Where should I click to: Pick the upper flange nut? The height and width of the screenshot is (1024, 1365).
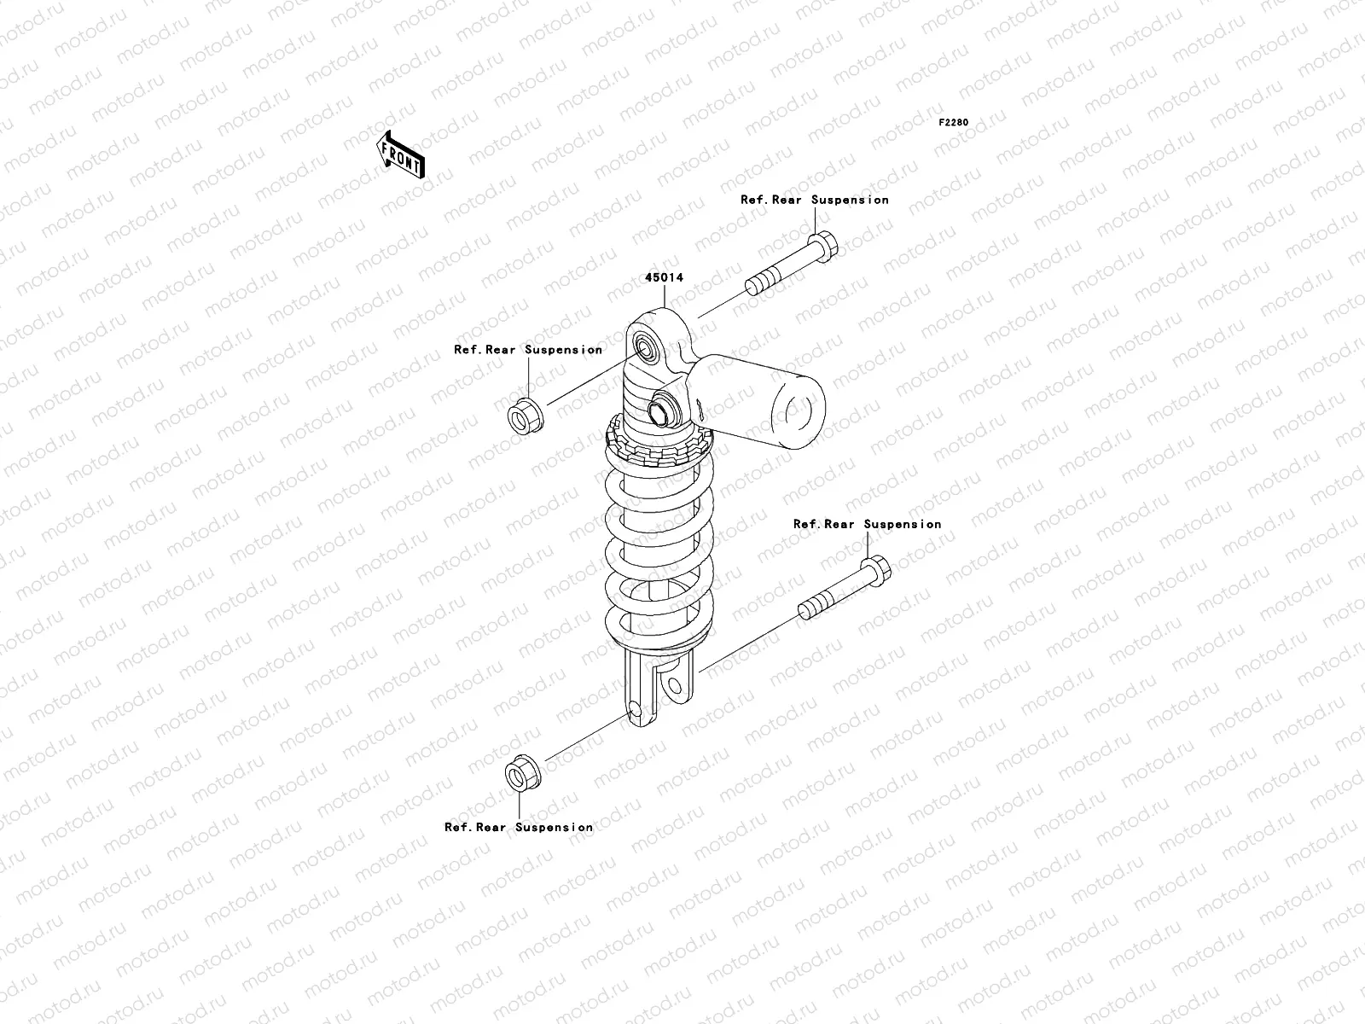(523, 416)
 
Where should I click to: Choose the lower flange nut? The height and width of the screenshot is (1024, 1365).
(519, 774)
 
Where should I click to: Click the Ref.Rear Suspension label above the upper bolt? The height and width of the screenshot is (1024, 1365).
(815, 200)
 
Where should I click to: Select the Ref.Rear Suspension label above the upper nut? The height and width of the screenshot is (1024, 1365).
(528, 350)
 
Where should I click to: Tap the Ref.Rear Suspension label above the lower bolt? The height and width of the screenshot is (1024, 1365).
(868, 524)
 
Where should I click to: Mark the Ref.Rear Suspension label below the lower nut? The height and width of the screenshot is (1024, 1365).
(519, 827)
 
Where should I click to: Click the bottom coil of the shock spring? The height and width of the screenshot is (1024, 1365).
(659, 631)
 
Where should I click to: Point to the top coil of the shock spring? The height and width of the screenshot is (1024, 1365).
(657, 474)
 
